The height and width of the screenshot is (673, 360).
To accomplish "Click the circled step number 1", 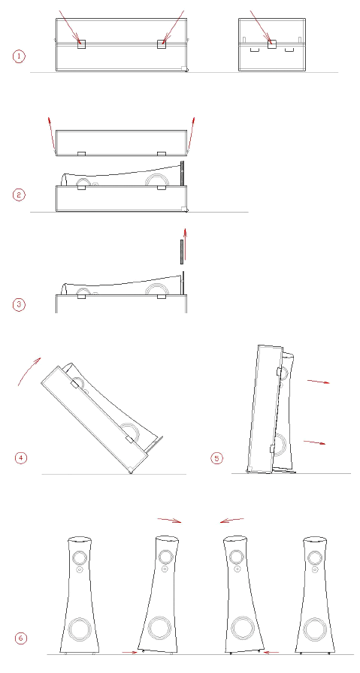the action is [19, 56].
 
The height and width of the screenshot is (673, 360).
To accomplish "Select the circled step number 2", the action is [19, 195].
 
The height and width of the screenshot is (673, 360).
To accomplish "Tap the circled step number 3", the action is [19, 305].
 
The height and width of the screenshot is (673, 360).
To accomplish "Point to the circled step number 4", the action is [21, 458].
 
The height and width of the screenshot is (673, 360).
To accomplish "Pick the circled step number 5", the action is [216, 458].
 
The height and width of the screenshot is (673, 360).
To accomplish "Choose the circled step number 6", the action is [21, 638].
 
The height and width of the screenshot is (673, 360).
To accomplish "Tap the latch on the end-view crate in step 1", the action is [272, 44].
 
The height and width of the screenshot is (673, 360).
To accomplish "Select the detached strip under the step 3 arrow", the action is [182, 251].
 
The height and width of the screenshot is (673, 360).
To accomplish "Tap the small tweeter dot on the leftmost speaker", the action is [80, 569].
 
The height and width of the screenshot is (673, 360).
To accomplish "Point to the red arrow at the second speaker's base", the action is [129, 652].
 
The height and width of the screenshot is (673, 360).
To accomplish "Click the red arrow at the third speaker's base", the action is [271, 652].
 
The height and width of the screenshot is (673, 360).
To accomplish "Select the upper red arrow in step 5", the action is [319, 382].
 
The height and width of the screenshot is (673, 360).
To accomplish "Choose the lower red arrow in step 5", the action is [314, 442].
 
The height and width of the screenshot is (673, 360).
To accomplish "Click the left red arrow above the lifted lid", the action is [52, 134].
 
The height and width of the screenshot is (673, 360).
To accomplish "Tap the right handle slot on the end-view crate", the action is [289, 50].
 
